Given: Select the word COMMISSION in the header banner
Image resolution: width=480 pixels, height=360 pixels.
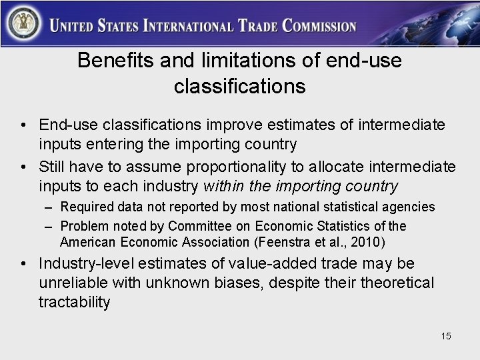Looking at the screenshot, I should (320, 27).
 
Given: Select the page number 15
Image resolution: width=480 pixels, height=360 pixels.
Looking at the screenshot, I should (445, 336).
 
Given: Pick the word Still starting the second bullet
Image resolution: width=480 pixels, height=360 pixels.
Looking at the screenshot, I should (53, 165).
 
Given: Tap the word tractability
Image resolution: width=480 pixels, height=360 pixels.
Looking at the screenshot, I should (75, 302).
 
